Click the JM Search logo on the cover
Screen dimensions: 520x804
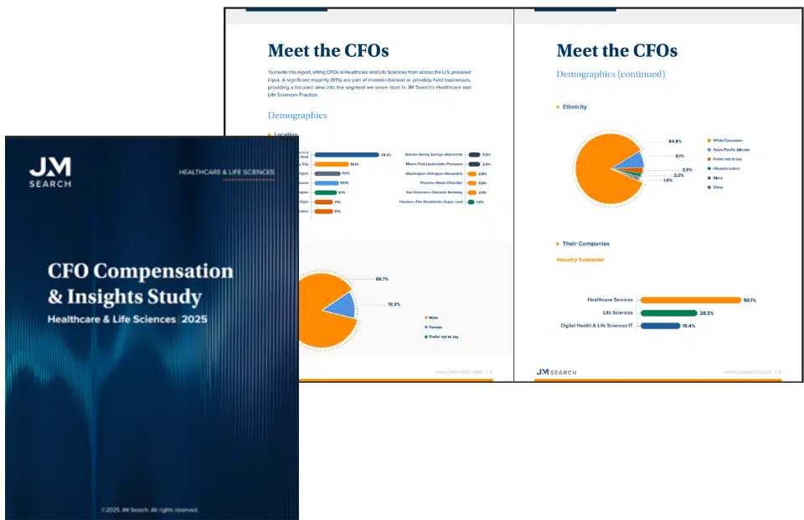coord(50,172)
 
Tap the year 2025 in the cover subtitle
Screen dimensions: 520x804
coord(195,319)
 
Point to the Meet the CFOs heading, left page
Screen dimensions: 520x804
coord(328,50)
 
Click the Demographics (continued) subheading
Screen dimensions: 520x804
coord(611,74)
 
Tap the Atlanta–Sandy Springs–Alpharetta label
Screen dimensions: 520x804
coord(434,155)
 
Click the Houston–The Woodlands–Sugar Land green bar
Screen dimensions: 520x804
coord(471,202)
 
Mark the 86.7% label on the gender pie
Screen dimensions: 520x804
coord(382,278)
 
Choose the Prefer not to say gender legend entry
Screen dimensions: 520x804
coord(443,337)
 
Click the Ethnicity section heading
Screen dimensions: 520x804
coord(575,107)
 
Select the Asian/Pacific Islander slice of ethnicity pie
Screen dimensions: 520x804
coord(636,159)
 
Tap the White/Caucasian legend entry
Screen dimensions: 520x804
coord(727,140)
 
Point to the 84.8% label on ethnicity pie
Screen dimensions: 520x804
coord(675,141)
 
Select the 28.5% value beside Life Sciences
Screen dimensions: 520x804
coord(706,313)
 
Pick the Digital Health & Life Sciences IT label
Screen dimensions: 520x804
coord(596,326)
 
